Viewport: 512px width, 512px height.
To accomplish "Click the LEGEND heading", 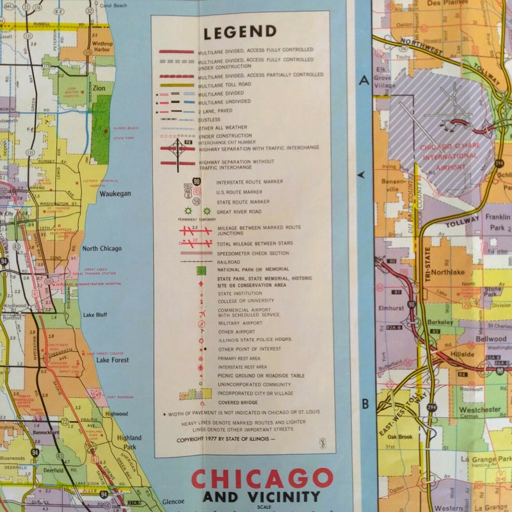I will point(240,31).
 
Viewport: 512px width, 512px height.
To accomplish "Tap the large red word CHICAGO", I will point(262,479).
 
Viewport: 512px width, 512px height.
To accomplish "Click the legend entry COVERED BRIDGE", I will point(237,402).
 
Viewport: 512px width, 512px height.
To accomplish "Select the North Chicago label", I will point(102,248).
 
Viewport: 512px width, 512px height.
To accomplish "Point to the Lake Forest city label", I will point(113,360).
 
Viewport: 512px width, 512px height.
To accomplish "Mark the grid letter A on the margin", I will point(364,81).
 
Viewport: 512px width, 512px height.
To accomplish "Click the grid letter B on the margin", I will point(365,404).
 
